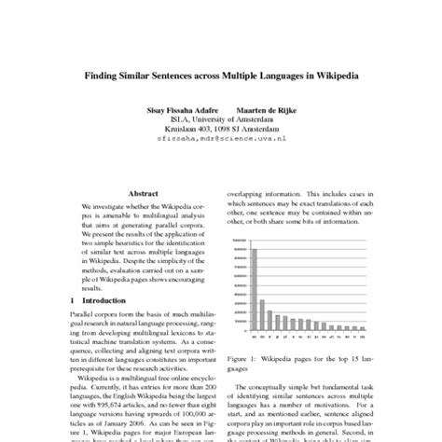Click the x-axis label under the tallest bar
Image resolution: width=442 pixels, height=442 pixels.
coord(255,338)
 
